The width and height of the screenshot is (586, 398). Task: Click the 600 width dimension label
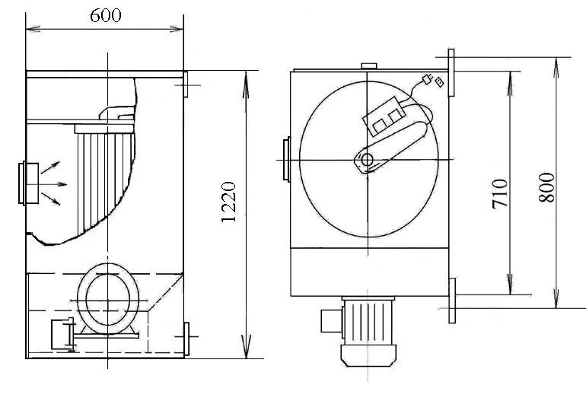click(105, 16)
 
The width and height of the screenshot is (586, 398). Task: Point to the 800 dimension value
click(546, 186)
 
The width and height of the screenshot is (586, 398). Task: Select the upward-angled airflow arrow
click(52, 167)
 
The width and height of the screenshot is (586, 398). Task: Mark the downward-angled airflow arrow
click(52, 199)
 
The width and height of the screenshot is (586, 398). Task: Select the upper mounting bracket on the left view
click(186, 83)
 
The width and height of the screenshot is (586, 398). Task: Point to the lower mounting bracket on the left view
click(186, 336)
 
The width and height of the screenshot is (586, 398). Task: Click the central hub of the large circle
click(367, 160)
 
